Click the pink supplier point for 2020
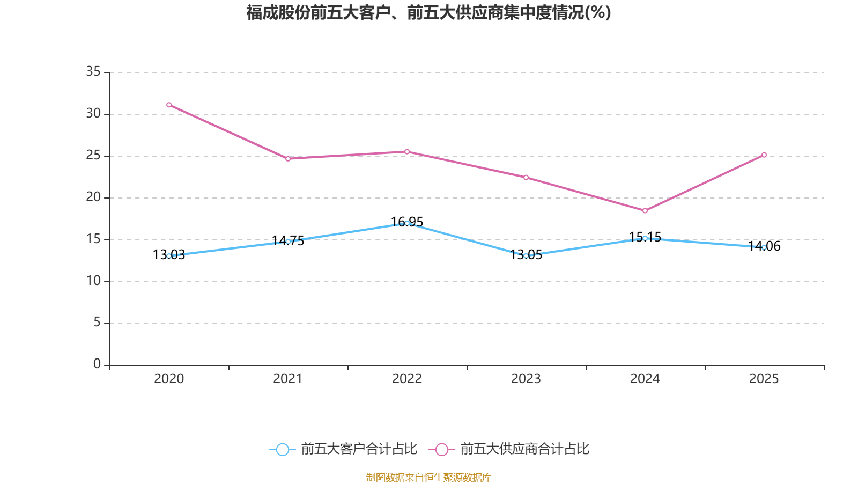click(x=169, y=105)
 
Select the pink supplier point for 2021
click(x=288, y=159)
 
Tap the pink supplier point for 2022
click(x=407, y=152)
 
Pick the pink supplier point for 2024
click(x=645, y=211)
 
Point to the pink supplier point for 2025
click(x=764, y=155)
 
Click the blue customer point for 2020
click(x=169, y=256)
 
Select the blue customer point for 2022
click(x=407, y=223)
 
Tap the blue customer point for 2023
click(x=526, y=256)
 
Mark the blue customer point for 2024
click(x=645, y=238)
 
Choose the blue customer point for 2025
click(x=764, y=247)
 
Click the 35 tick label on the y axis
click(x=93, y=71)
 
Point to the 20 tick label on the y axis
click(x=93, y=197)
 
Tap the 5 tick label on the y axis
click(x=97, y=322)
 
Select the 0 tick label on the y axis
click(x=97, y=364)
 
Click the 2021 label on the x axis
click(x=288, y=379)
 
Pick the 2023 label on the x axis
click(x=526, y=379)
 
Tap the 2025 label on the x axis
click(x=764, y=379)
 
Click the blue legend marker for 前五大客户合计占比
click(x=283, y=450)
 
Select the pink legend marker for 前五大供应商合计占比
click(x=442, y=450)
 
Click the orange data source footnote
click(x=429, y=477)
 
